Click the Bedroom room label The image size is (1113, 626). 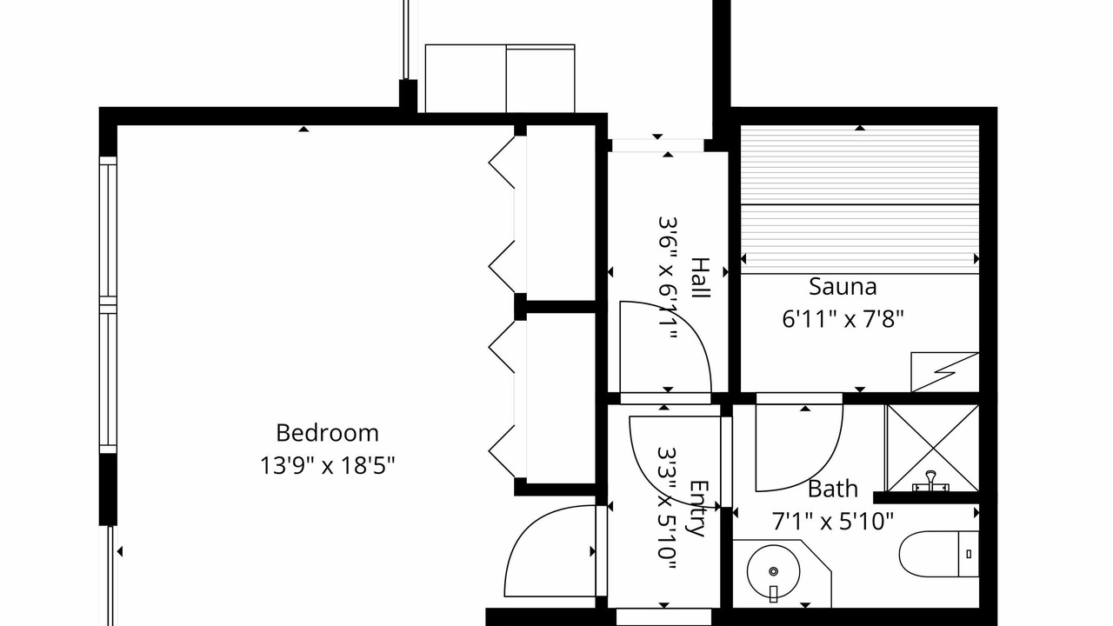327,433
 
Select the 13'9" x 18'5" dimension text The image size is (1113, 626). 327,465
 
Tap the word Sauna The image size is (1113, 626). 843,287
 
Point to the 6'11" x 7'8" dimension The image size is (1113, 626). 843,318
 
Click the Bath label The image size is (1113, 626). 833,489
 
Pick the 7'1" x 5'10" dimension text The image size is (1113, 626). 833,521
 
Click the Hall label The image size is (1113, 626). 701,277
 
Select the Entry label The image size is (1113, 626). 698,509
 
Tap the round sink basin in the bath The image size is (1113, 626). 773,571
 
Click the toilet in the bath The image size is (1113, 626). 938,554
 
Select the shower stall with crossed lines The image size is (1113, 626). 933,448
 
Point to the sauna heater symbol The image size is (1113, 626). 944,371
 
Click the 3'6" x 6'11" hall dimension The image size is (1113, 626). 668,277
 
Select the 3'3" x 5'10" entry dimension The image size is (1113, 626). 667,509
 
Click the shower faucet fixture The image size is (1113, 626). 930,482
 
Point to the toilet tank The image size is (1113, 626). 969,554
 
